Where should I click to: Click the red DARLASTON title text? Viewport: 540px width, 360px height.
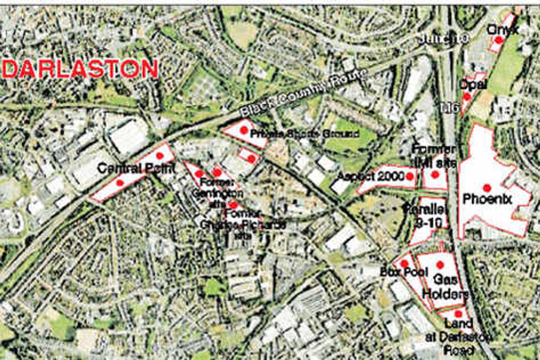(81, 69)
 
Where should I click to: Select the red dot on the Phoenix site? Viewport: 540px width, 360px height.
(486, 188)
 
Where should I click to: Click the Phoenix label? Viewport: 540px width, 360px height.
(487, 199)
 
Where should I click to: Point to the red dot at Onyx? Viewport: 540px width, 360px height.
(499, 40)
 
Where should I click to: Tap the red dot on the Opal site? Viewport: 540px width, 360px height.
(467, 96)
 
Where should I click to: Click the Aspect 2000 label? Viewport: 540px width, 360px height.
(370, 177)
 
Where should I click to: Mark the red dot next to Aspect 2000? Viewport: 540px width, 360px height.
(409, 177)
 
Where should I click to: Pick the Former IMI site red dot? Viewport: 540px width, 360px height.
(435, 174)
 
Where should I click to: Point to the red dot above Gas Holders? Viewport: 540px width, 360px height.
(440, 265)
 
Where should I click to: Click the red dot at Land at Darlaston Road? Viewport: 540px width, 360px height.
(458, 314)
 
